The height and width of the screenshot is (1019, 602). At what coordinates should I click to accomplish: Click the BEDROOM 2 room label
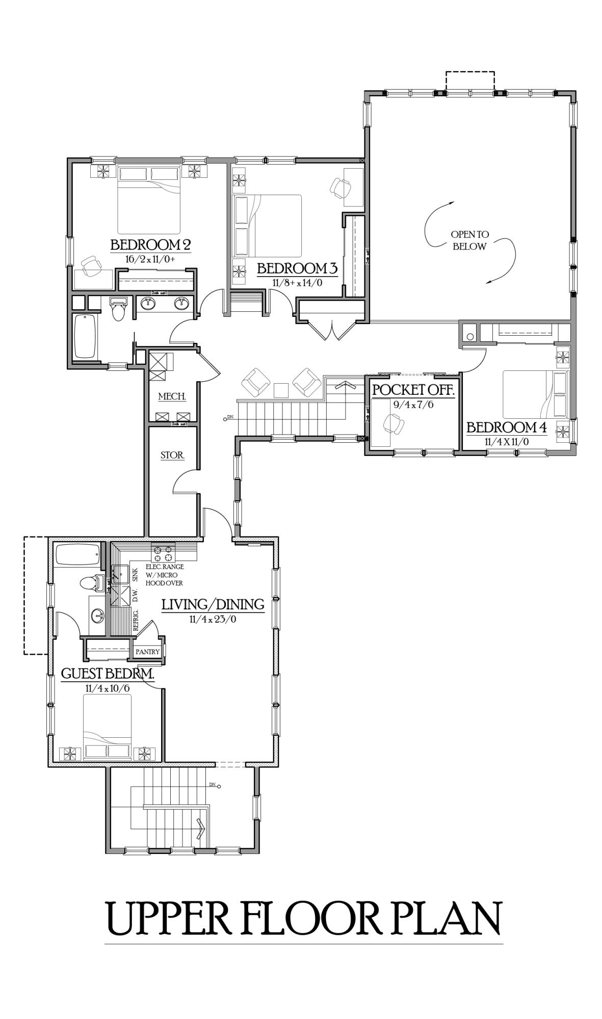150,245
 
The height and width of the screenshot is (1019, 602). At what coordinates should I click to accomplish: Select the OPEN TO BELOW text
469,240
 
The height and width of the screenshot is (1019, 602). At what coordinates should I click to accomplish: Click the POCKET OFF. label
412,390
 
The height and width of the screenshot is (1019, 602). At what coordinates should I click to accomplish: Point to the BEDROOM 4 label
507,427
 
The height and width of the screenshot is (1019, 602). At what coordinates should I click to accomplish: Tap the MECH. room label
172,396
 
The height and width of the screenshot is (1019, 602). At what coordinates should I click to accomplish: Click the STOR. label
172,455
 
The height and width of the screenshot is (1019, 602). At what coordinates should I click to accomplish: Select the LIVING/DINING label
213,604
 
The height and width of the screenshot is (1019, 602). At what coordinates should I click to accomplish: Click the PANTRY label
147,652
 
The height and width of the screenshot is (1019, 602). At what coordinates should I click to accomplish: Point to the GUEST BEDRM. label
107,674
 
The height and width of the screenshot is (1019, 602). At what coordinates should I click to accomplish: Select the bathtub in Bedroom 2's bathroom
85,337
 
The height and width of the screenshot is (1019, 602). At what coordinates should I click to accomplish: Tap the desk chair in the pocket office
394,422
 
